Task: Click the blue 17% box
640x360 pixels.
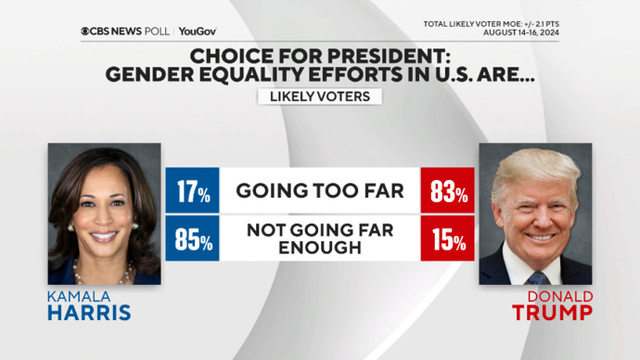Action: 192,192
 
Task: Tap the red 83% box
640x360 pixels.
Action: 447,192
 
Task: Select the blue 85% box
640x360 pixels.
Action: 192,239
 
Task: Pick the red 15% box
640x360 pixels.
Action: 447,239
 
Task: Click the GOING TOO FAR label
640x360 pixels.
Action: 319,192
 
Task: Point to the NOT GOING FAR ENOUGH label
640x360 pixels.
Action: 319,239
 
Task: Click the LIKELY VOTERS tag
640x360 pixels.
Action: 319,96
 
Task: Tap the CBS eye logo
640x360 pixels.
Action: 86,31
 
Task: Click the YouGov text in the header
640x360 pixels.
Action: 198,31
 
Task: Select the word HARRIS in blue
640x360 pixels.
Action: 89,313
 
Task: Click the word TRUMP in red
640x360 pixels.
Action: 553,313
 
